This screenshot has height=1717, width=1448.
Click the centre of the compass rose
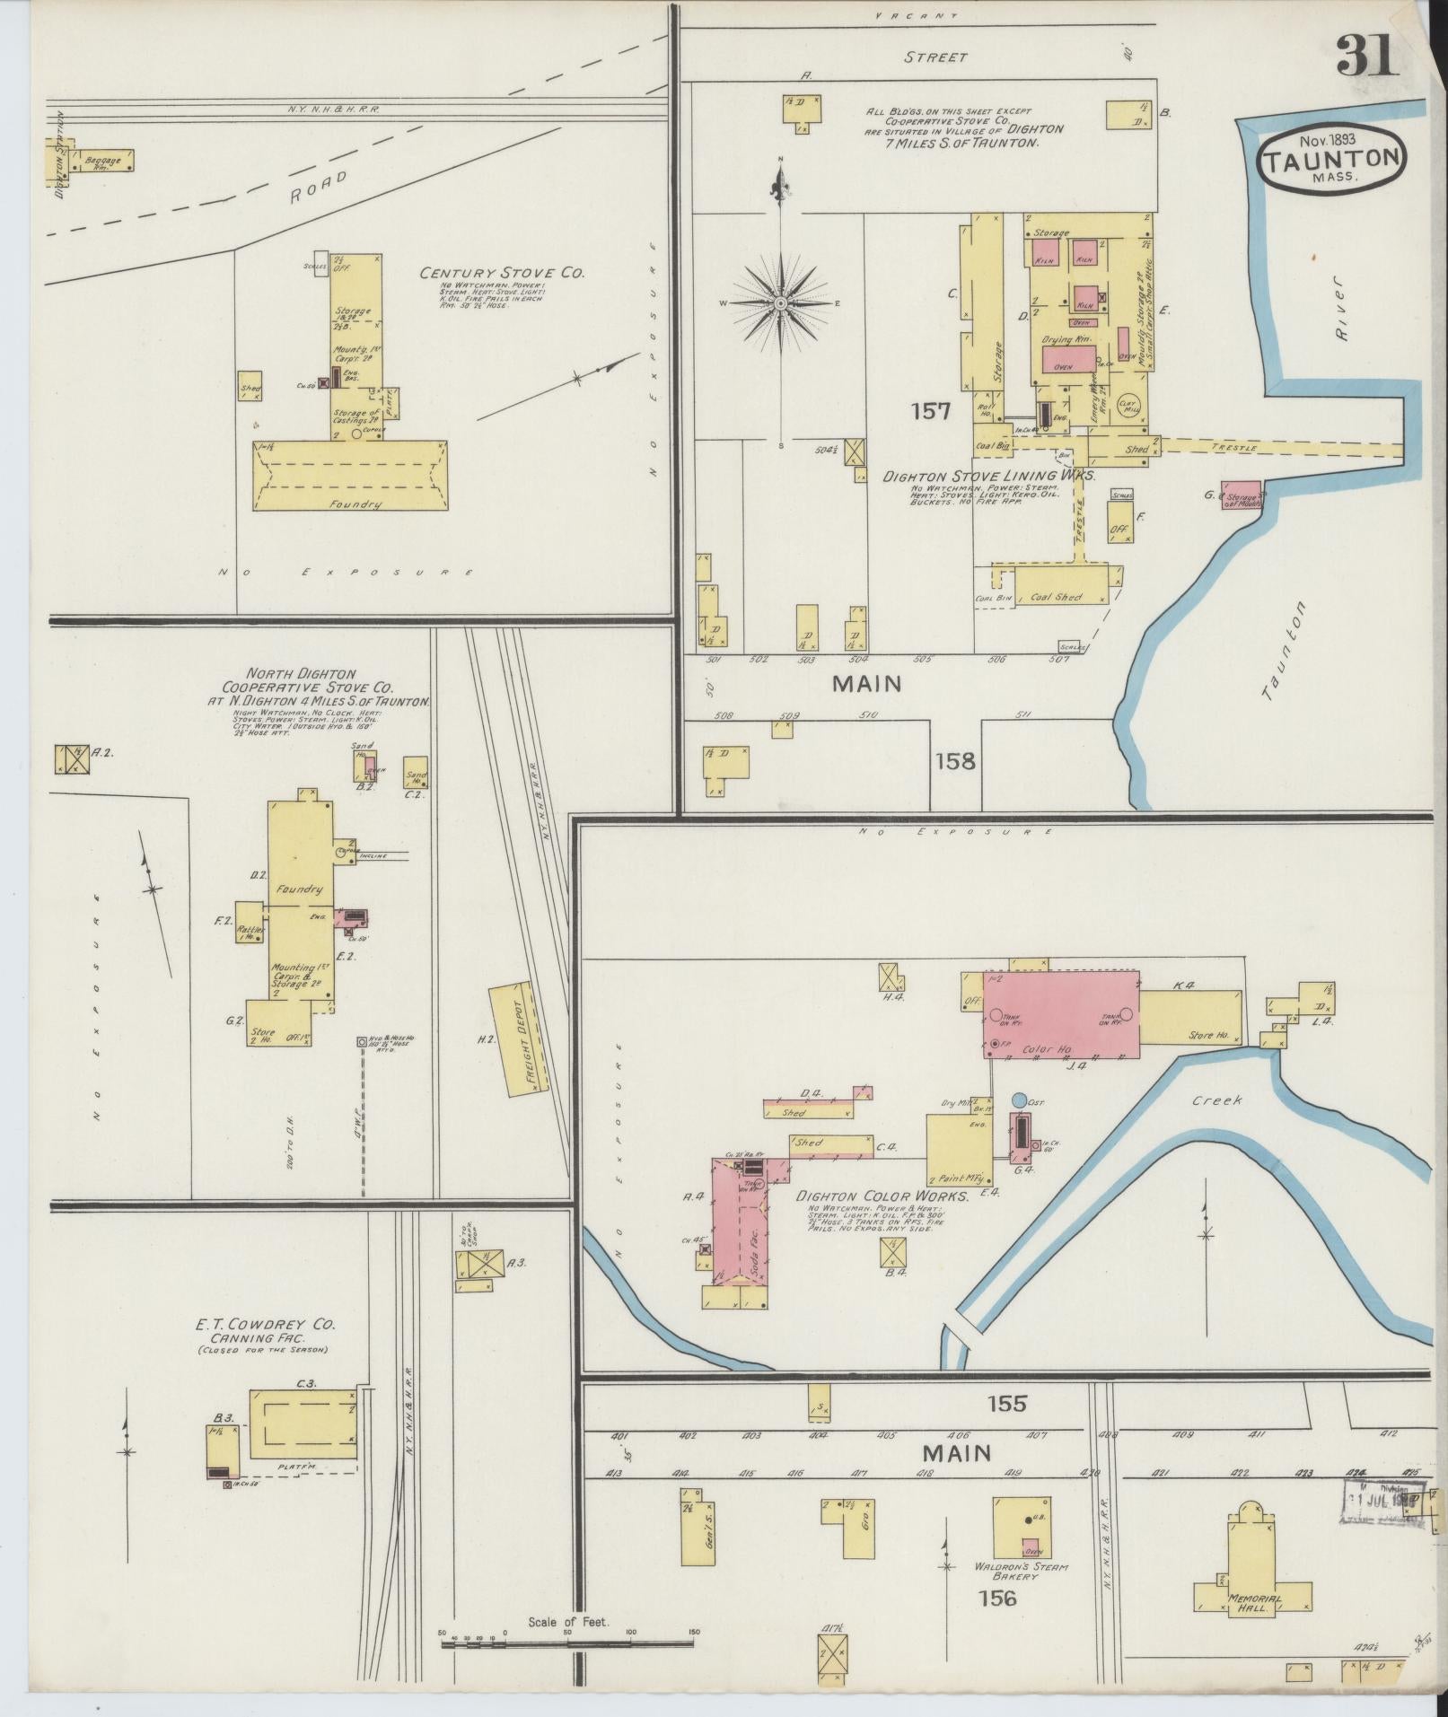781,303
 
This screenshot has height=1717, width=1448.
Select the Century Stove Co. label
502,273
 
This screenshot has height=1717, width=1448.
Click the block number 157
930,411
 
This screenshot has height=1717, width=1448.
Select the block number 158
954,761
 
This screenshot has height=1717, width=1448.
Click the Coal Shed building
1056,597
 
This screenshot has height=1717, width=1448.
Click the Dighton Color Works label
882,1196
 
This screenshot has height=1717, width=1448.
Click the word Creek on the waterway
1217,1099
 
